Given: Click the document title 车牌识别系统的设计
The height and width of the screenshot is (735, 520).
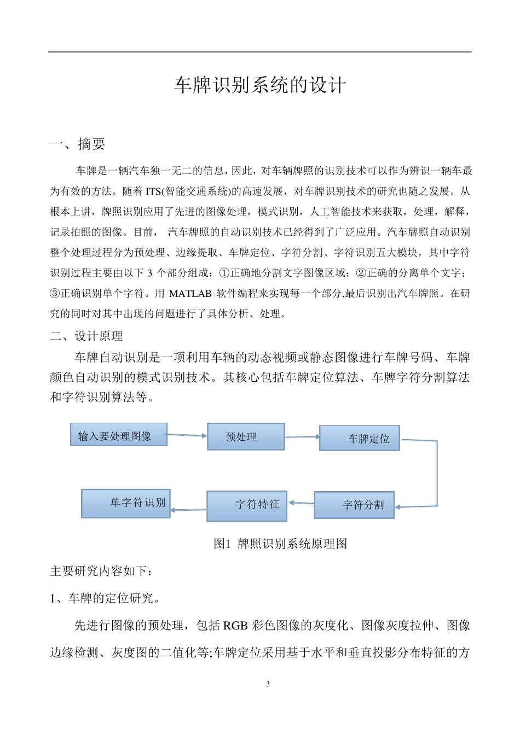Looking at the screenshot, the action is [x=260, y=85].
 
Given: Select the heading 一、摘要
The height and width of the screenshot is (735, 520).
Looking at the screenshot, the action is [x=77, y=144].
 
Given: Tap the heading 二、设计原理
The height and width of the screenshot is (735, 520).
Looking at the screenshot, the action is [x=86, y=336].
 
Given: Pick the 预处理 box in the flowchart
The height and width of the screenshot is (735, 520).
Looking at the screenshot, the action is [x=245, y=437].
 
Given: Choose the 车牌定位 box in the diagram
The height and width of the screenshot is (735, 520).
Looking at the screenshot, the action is [x=360, y=438].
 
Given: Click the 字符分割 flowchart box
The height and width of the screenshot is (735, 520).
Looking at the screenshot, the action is [x=354, y=505].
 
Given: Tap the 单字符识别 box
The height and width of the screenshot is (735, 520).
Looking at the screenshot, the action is [x=126, y=503].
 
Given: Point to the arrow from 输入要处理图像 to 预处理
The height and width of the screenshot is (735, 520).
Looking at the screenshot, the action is [x=187, y=435].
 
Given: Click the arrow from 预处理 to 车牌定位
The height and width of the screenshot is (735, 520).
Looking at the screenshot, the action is [x=302, y=437].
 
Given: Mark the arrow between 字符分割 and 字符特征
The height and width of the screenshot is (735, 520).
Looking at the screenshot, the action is [x=301, y=503].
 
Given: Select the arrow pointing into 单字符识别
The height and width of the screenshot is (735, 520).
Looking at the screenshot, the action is [x=188, y=510].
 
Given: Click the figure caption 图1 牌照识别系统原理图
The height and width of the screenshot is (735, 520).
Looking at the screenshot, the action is [x=280, y=544].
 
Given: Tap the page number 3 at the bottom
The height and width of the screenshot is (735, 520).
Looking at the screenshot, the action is [x=268, y=684].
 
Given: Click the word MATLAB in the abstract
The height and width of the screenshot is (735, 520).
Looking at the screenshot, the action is [x=190, y=294].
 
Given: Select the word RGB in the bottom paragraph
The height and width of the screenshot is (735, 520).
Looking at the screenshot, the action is [x=236, y=626].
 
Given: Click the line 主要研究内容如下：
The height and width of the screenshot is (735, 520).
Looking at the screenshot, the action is [x=101, y=571].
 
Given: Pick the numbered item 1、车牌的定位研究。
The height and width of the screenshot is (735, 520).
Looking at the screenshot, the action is [x=105, y=598].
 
